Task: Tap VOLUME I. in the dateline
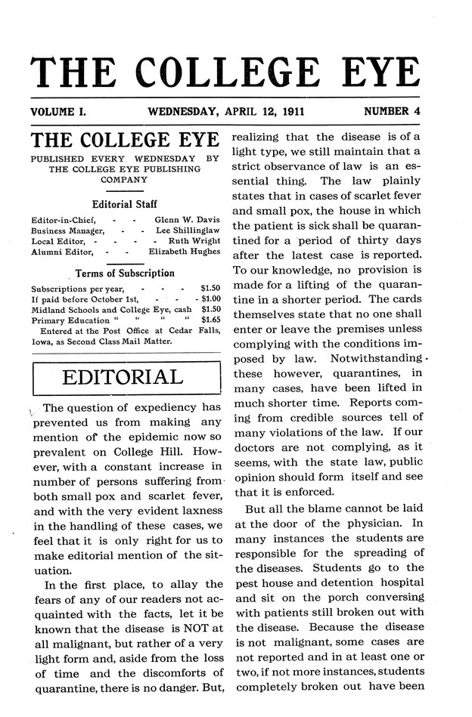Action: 57,112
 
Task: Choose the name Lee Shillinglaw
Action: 187,229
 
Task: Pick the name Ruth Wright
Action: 194,240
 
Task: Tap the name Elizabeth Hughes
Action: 184,251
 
